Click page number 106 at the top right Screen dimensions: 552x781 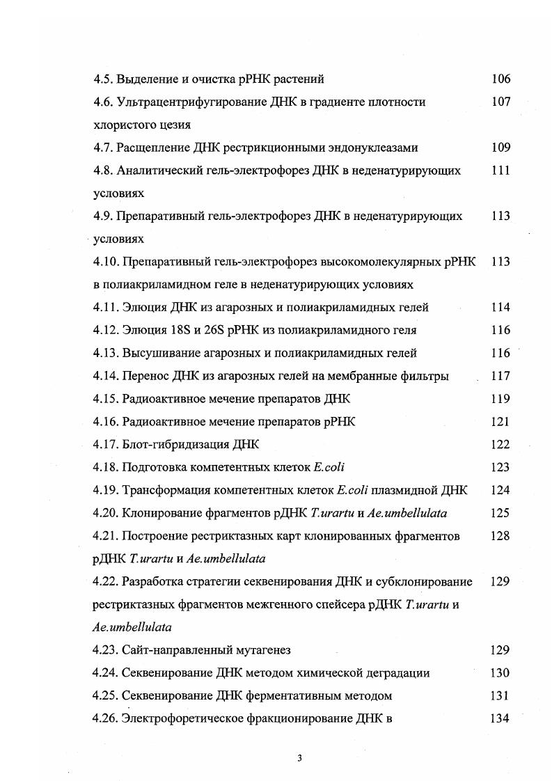point(500,79)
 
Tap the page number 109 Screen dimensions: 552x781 point(500,148)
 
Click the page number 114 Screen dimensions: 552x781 point(500,308)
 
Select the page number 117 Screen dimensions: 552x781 point(500,377)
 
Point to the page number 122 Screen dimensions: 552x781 point(500,445)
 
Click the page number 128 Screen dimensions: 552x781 point(500,537)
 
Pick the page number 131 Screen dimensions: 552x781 point(500,696)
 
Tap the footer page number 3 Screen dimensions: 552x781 point(299,758)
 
